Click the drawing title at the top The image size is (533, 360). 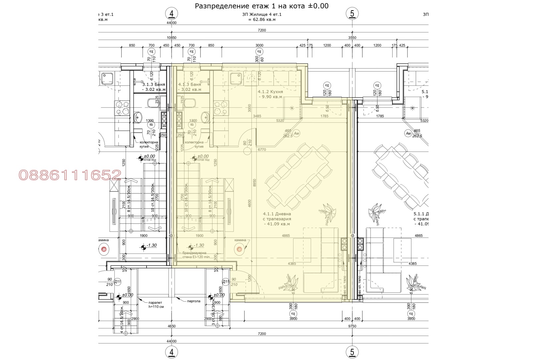click(x=262, y=6)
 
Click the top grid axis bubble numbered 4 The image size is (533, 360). click(x=172, y=14)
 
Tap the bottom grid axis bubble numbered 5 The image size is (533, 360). click(x=352, y=352)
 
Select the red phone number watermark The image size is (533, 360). click(x=70, y=175)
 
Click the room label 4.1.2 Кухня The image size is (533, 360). click(x=270, y=94)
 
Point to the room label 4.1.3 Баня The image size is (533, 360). click(x=189, y=87)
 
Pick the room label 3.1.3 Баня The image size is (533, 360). click(x=154, y=87)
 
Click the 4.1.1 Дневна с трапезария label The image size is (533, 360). click(x=276, y=219)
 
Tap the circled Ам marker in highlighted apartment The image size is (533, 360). click(x=296, y=134)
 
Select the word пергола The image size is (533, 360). click(x=194, y=301)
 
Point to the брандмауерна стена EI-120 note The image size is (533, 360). click(x=196, y=255)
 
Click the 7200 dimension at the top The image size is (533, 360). click(x=262, y=30)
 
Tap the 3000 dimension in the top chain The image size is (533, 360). click(x=259, y=45)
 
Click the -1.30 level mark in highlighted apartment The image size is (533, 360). click(x=199, y=245)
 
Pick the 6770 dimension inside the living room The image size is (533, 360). click(x=262, y=150)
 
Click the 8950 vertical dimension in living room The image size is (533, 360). click(x=255, y=183)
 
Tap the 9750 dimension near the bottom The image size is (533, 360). click(x=352, y=326)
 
